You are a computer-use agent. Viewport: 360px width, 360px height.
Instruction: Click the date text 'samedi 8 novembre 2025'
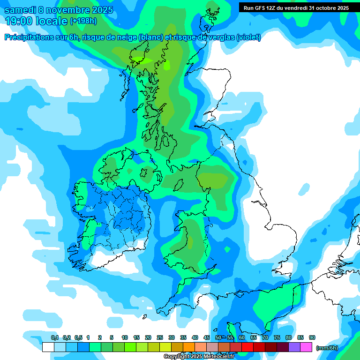point(58,10)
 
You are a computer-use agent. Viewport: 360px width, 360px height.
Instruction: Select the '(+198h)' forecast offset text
point(83,21)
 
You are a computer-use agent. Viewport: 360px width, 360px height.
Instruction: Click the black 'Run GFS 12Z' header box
point(296,8)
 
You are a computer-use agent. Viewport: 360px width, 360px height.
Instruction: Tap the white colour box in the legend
point(48,347)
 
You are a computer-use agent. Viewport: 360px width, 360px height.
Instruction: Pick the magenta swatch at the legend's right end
point(306,347)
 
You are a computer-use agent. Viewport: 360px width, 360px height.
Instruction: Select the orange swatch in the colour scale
point(189,347)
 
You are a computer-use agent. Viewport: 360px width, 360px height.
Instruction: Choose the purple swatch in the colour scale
point(294,347)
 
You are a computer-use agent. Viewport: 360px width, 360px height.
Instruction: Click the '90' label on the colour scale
point(312,337)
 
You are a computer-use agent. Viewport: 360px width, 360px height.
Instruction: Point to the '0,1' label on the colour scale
point(55,337)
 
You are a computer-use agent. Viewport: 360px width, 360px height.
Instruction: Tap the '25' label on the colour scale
point(160,337)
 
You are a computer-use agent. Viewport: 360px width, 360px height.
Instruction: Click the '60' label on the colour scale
point(242,337)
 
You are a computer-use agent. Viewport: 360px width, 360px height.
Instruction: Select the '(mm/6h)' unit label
point(327,348)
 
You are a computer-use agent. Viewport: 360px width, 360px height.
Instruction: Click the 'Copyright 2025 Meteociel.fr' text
point(199,357)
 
